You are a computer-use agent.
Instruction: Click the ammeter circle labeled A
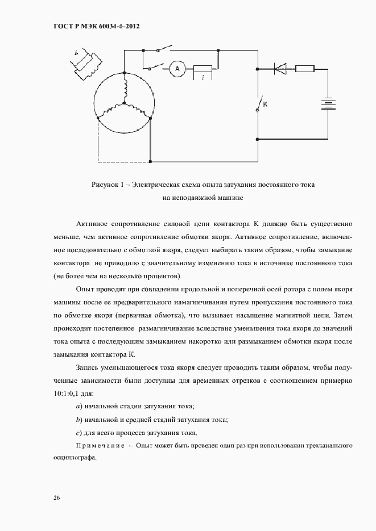(x=176, y=69)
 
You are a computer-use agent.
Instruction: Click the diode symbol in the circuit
(x=280, y=69)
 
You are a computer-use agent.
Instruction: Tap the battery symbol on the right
(x=328, y=104)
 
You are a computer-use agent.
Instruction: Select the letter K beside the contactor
(x=265, y=105)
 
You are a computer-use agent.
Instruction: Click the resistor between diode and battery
(x=304, y=69)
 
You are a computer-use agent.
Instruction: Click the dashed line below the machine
(x=122, y=162)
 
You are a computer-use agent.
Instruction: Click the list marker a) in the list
(x=78, y=407)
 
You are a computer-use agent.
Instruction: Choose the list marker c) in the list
(x=78, y=433)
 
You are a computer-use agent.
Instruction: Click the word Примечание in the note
(x=100, y=446)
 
